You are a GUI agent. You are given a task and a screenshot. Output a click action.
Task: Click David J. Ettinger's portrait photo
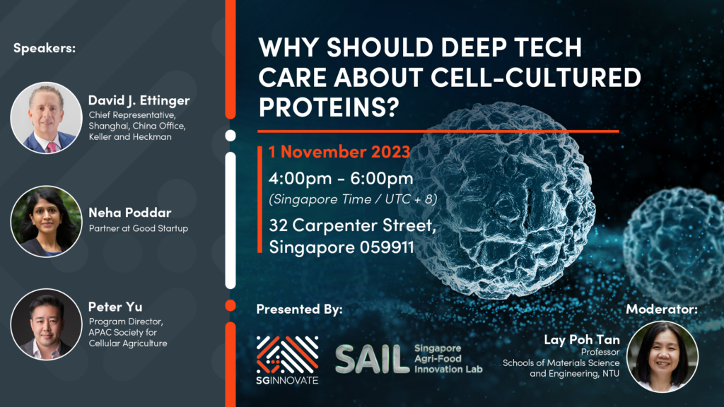[46, 117]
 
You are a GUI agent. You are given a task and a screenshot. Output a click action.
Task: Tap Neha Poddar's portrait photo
[46, 221]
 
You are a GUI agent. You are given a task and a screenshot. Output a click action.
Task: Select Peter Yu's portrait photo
[46, 324]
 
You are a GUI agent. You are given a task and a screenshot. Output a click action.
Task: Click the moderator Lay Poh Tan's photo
[662, 356]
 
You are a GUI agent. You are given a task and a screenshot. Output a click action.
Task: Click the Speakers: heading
[45, 48]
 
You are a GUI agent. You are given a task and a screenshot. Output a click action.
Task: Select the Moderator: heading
[662, 309]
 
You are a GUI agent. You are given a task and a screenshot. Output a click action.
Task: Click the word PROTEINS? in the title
[329, 107]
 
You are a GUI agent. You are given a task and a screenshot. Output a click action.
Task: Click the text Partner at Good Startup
[138, 228]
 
